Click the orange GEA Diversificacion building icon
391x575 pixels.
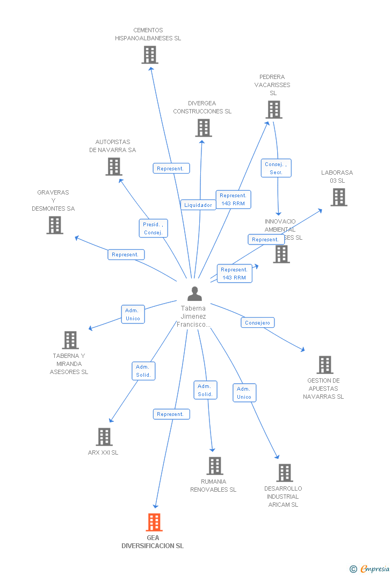[154, 522]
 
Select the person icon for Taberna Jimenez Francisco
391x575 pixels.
[194, 293]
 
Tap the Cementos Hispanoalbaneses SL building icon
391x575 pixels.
[150, 55]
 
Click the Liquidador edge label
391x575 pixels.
[198, 205]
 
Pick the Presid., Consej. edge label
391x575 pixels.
[153, 228]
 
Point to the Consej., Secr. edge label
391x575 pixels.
[276, 168]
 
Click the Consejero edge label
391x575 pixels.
[257, 322]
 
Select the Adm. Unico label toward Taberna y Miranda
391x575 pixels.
[132, 314]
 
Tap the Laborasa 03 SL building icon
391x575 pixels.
[338, 197]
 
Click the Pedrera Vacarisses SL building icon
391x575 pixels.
[274, 110]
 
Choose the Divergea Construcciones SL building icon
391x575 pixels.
[204, 128]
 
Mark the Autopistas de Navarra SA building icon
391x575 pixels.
[114, 167]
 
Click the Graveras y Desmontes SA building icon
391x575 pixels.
[55, 225]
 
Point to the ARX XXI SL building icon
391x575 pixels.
[104, 437]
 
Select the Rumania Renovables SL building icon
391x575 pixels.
[215, 466]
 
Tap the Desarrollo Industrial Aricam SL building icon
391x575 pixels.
[285, 473]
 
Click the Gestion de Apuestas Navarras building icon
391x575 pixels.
[324, 365]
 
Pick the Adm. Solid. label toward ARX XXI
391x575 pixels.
[143, 371]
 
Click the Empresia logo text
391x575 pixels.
[374, 569]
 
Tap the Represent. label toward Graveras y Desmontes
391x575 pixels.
[126, 255]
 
